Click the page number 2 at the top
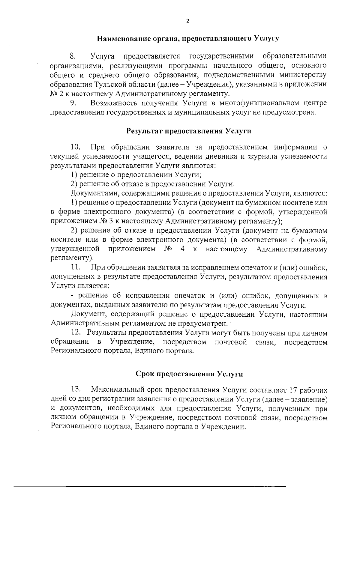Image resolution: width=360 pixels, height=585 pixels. pyautogui.click(x=188, y=21)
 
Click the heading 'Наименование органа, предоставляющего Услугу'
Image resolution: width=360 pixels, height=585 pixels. pyautogui.click(x=188, y=38)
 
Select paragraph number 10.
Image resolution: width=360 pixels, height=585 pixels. pyautogui.click(x=75, y=147)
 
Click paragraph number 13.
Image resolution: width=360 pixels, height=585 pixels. pyautogui.click(x=76, y=390)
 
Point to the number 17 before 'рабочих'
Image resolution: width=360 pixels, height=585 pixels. pyautogui.click(x=293, y=390)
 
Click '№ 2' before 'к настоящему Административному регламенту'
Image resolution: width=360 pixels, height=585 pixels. pyautogui.click(x=56, y=94)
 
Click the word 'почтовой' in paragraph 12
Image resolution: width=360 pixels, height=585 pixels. pyautogui.click(x=231, y=342)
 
